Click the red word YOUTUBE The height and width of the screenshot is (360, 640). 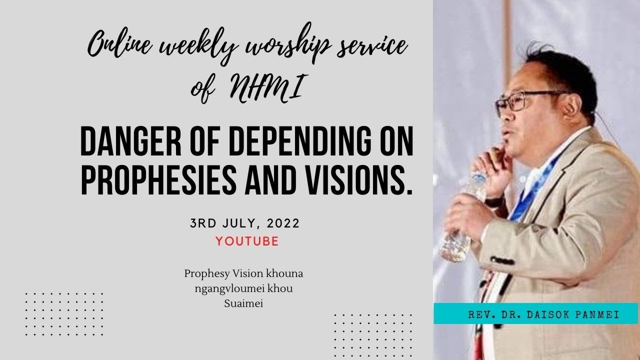247,241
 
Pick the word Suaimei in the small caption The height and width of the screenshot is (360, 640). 243,302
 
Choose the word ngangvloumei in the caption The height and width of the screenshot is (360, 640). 226,288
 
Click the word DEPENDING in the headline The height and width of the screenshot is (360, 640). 277,142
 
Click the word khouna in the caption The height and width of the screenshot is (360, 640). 287,274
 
